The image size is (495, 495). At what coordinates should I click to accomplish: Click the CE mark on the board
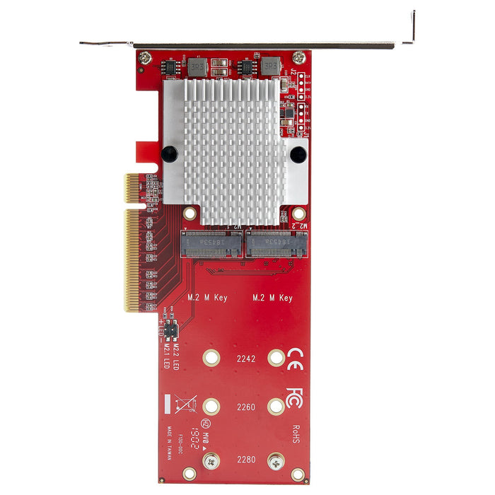[294, 356]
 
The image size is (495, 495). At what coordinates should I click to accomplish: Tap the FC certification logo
[294, 395]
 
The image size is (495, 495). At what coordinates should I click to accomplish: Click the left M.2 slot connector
[211, 245]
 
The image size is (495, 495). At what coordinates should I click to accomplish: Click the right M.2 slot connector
[276, 245]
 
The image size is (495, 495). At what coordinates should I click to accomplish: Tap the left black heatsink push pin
[169, 153]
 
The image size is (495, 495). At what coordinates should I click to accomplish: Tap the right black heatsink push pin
[298, 153]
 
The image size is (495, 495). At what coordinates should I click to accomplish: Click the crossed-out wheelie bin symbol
[186, 405]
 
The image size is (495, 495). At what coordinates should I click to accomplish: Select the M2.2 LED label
[177, 349]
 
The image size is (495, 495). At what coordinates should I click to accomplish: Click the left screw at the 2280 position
[211, 462]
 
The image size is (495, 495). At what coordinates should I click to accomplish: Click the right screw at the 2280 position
[276, 462]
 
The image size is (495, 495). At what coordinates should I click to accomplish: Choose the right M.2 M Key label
[272, 298]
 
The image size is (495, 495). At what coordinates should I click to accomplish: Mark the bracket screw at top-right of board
[299, 58]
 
